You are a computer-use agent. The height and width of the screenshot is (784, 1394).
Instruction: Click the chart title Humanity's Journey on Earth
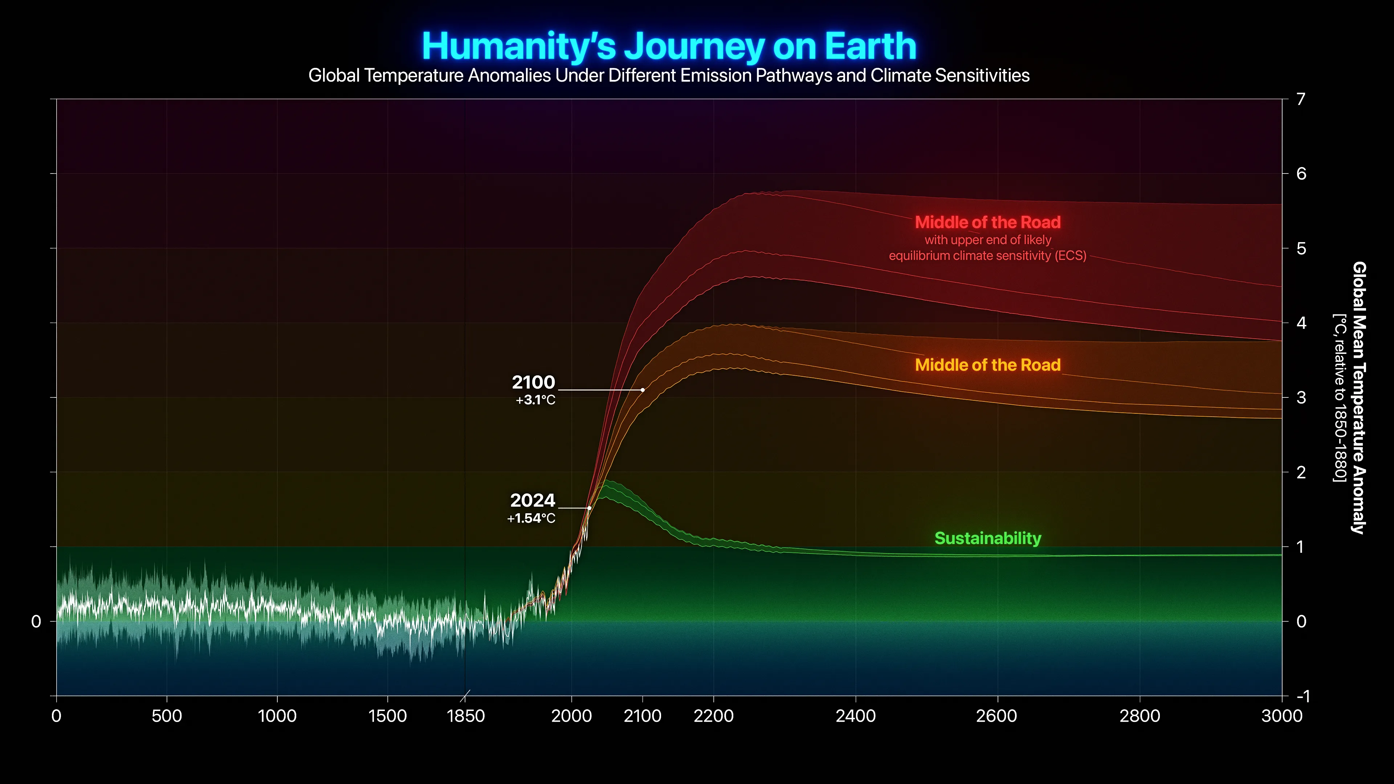669,46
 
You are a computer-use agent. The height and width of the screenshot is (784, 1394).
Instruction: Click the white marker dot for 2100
642,389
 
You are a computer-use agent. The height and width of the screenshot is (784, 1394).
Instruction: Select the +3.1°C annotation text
535,400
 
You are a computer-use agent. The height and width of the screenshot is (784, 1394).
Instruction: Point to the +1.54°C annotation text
531,518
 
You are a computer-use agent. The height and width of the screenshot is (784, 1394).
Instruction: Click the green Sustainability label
987,538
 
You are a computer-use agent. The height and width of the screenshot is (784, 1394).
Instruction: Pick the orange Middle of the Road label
987,365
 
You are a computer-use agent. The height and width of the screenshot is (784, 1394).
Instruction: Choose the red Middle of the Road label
987,222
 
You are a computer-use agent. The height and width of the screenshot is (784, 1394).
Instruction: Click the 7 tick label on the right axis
1301,99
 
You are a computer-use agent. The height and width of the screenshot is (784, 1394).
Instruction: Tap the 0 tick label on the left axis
36,622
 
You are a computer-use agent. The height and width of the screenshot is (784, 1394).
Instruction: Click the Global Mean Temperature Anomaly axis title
1359,398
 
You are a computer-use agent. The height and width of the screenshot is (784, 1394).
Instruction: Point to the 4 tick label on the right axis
1301,323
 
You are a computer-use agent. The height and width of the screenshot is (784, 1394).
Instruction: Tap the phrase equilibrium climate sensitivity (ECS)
987,256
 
